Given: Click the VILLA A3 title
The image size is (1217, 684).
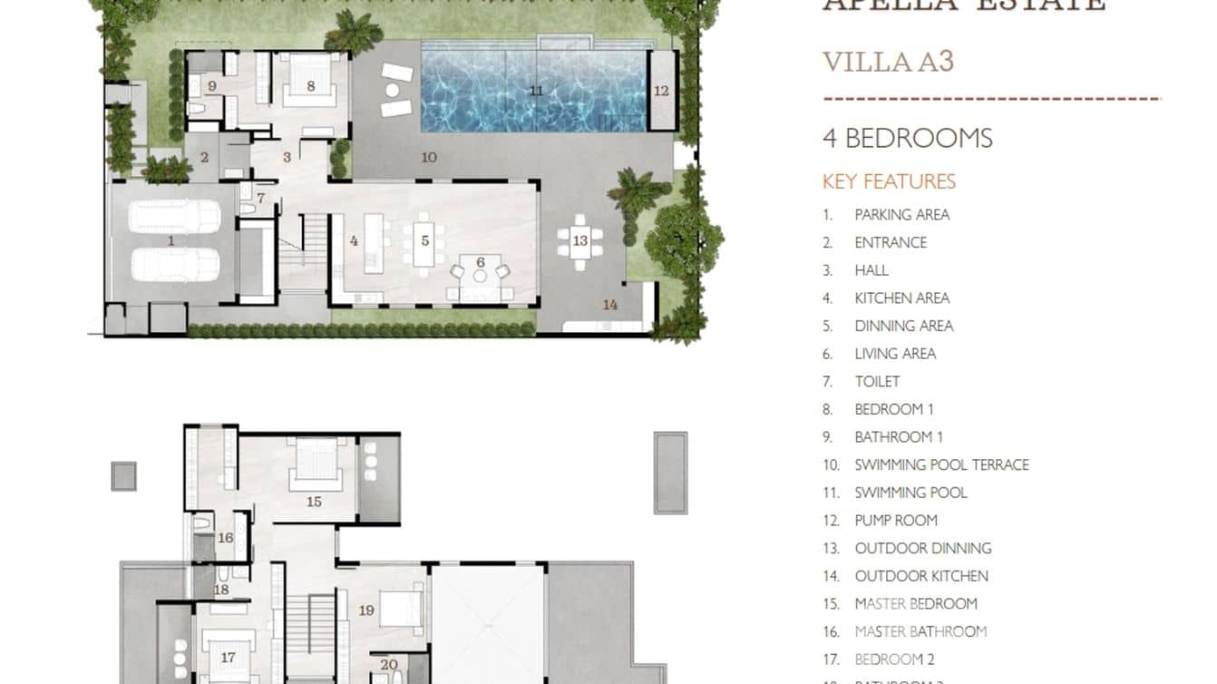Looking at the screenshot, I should point(888,62).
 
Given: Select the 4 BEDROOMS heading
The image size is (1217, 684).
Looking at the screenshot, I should point(907,138).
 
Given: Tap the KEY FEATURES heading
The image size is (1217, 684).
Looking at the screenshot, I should point(889,181).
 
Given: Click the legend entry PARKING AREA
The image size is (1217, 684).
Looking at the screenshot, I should point(901,215).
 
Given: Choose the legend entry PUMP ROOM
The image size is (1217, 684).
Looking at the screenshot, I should point(895,521).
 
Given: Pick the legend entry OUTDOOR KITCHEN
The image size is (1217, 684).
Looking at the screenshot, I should point(920,576).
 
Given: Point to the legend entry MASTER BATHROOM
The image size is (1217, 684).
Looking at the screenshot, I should point(920,631).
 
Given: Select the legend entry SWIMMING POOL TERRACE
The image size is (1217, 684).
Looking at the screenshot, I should point(941,465).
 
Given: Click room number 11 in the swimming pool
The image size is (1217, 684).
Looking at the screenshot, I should point(536,91).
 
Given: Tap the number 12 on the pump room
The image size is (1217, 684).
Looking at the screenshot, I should point(661,91).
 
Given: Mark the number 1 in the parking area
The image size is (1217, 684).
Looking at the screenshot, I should point(171,240).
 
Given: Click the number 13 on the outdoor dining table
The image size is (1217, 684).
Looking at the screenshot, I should point(579,240).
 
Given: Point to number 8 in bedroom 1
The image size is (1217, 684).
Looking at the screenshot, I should point(311,86).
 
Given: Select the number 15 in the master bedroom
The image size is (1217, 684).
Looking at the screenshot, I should point(314,501).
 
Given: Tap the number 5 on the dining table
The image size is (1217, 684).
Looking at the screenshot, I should point(424,241).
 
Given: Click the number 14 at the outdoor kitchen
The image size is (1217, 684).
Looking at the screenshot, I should point(610,305).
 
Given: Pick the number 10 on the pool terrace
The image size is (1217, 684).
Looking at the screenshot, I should point(429,157).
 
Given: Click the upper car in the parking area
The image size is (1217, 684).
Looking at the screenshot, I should point(175,217).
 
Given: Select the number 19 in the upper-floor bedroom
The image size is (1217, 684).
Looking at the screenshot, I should point(366,611).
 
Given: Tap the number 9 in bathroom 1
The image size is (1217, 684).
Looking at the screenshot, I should point(211,86).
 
